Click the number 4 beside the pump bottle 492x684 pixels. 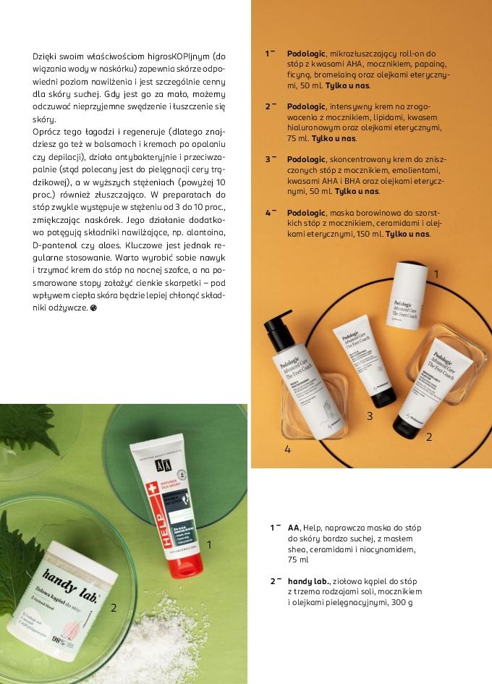coord(287,449)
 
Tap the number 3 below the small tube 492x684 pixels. coord(369,416)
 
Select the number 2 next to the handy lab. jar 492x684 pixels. coord(114,608)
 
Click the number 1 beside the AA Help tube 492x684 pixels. coord(209,544)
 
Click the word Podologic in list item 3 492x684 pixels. coord(305,159)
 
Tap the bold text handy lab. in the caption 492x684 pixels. coord(308,581)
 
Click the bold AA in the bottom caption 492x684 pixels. coord(293,528)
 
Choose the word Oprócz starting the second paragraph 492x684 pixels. coord(47,132)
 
